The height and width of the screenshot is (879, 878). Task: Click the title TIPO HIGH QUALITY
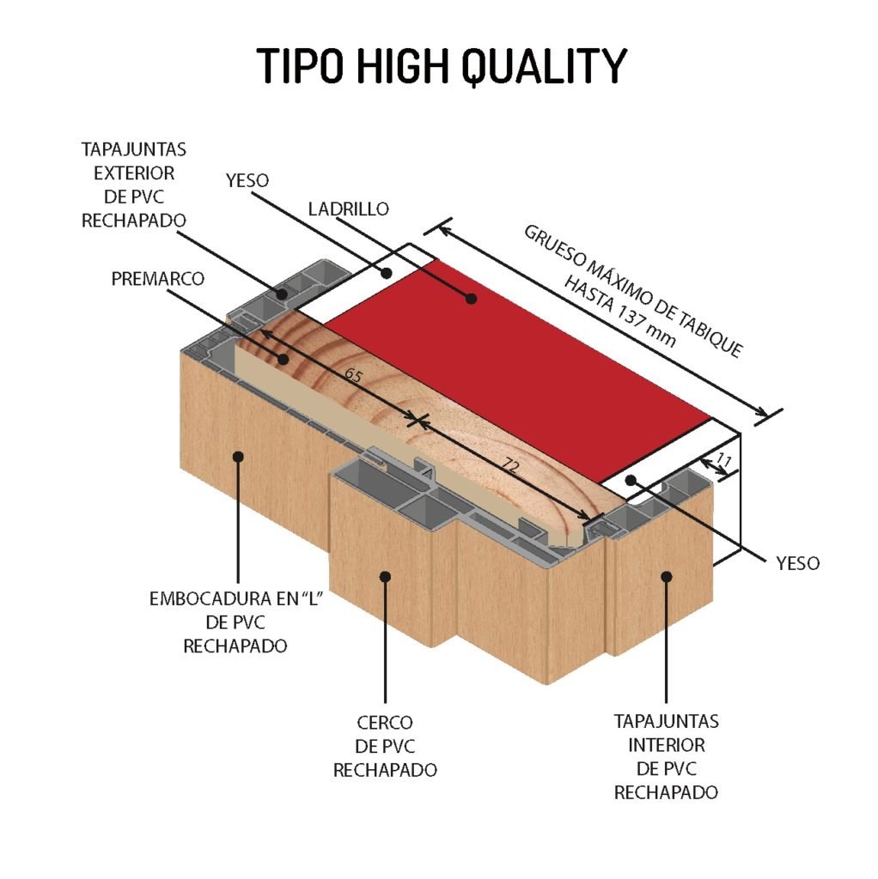point(441,65)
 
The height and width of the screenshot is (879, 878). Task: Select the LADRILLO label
point(349,209)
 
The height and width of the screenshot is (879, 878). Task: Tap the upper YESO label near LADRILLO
point(247,180)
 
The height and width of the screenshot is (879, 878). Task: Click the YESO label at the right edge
point(797,563)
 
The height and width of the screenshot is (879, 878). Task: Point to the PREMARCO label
point(158,279)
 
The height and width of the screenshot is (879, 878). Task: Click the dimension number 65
point(353,374)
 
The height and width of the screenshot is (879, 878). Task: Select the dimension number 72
point(509,464)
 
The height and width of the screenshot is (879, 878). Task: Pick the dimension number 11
point(723,461)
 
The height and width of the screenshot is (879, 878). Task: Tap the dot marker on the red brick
point(472,299)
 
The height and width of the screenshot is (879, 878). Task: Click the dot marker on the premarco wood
point(283,359)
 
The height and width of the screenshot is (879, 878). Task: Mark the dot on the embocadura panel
point(238,457)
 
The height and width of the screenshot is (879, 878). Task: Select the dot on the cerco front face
point(385,576)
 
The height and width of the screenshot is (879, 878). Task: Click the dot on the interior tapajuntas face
point(667,576)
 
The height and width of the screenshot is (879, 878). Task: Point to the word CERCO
point(385,723)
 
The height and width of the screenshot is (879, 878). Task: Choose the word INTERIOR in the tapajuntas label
point(667,745)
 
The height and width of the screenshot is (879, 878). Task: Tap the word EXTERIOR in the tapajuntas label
point(134,173)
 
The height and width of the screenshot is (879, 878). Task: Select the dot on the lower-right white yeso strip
point(631,481)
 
